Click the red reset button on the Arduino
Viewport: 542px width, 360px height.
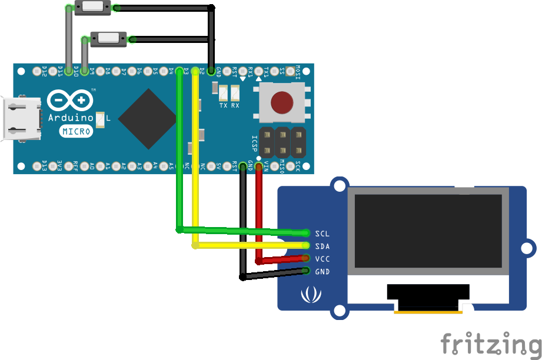click(x=282, y=103)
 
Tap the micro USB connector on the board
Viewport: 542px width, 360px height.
click(x=22, y=119)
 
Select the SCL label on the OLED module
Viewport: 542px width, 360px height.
click(x=322, y=234)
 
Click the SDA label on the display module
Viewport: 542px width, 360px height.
click(x=322, y=246)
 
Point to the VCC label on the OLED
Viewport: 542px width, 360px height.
click(x=322, y=259)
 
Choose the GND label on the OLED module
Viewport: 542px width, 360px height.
click(x=322, y=272)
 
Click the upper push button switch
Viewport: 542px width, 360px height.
click(x=93, y=8)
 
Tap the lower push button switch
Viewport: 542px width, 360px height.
click(x=108, y=39)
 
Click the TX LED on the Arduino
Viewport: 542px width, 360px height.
click(x=223, y=93)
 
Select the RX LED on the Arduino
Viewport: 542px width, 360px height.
click(x=235, y=93)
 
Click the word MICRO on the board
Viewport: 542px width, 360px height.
click(x=77, y=131)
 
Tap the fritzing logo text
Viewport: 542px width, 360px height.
click(x=490, y=344)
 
